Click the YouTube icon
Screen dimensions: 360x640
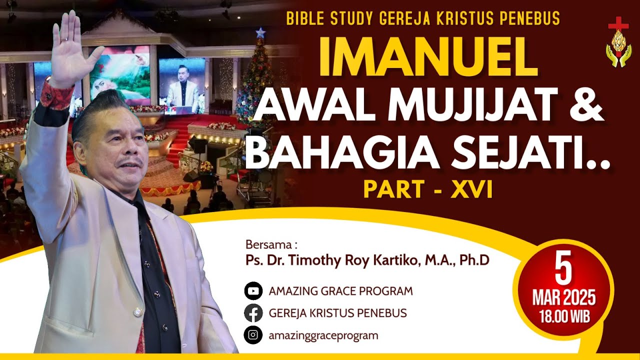pyautogui.click(x=253, y=291)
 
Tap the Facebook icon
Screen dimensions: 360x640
pyautogui.click(x=253, y=313)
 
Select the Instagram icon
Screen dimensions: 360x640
pyautogui.click(x=253, y=335)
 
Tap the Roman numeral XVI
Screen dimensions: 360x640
pyautogui.click(x=471, y=189)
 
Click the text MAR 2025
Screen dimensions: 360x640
pyautogui.click(x=563, y=298)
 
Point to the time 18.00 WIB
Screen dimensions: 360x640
pyautogui.click(x=563, y=316)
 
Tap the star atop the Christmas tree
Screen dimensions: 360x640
pyautogui.click(x=259, y=33)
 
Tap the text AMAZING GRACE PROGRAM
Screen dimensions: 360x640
pyautogui.click(x=341, y=291)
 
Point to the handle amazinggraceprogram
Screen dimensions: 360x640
pyautogui.click(x=323, y=335)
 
